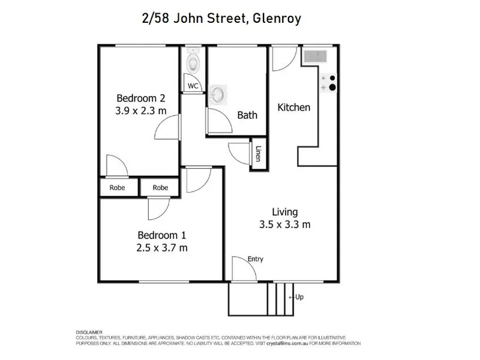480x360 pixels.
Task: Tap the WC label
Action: click(x=193, y=86)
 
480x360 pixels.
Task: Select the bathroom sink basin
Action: click(x=218, y=95)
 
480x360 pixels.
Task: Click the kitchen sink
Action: click(x=316, y=56)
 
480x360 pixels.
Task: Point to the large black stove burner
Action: click(x=332, y=88)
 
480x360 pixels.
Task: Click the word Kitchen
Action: click(x=294, y=107)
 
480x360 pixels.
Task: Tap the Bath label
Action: click(x=247, y=115)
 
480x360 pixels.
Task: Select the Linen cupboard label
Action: click(x=259, y=154)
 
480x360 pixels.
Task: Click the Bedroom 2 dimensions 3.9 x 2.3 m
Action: click(x=141, y=110)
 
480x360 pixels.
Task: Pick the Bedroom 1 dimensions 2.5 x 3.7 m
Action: click(x=162, y=248)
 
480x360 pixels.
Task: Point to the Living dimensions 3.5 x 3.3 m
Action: click(x=284, y=224)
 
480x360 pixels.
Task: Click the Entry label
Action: click(x=256, y=259)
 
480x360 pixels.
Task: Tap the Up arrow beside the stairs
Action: click(x=292, y=297)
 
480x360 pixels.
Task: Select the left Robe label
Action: click(x=117, y=188)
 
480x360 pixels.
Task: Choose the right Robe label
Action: click(x=160, y=188)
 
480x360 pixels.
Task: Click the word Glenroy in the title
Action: click(x=277, y=19)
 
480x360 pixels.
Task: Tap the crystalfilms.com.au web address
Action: click(x=287, y=343)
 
